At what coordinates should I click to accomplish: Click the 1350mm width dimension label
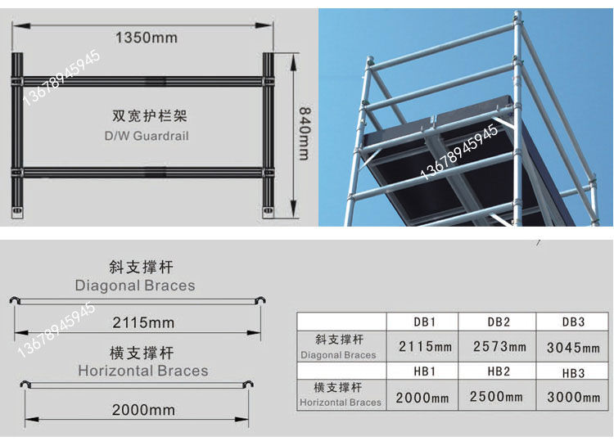(146, 38)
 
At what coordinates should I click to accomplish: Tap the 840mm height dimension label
(305, 133)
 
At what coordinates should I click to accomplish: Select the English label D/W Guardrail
(147, 136)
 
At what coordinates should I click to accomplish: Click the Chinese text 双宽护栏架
(150, 116)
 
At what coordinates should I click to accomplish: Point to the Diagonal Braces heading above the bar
(135, 286)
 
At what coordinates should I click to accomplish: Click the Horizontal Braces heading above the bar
(143, 371)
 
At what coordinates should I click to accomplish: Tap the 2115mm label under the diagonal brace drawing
(143, 323)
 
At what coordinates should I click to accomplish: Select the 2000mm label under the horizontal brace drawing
(143, 410)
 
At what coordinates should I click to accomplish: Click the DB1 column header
(425, 322)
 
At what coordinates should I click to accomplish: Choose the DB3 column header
(574, 322)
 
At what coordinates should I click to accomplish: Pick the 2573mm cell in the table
(499, 346)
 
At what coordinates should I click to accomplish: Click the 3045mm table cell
(573, 348)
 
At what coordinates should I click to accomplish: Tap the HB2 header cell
(499, 371)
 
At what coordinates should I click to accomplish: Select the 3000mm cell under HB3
(574, 397)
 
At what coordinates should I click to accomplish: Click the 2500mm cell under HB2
(496, 396)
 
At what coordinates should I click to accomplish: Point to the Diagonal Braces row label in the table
(338, 347)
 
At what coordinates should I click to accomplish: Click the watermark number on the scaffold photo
(459, 152)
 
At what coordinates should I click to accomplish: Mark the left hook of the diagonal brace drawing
(14, 300)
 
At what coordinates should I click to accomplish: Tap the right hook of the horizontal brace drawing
(248, 384)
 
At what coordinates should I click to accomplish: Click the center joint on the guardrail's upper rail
(156, 81)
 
